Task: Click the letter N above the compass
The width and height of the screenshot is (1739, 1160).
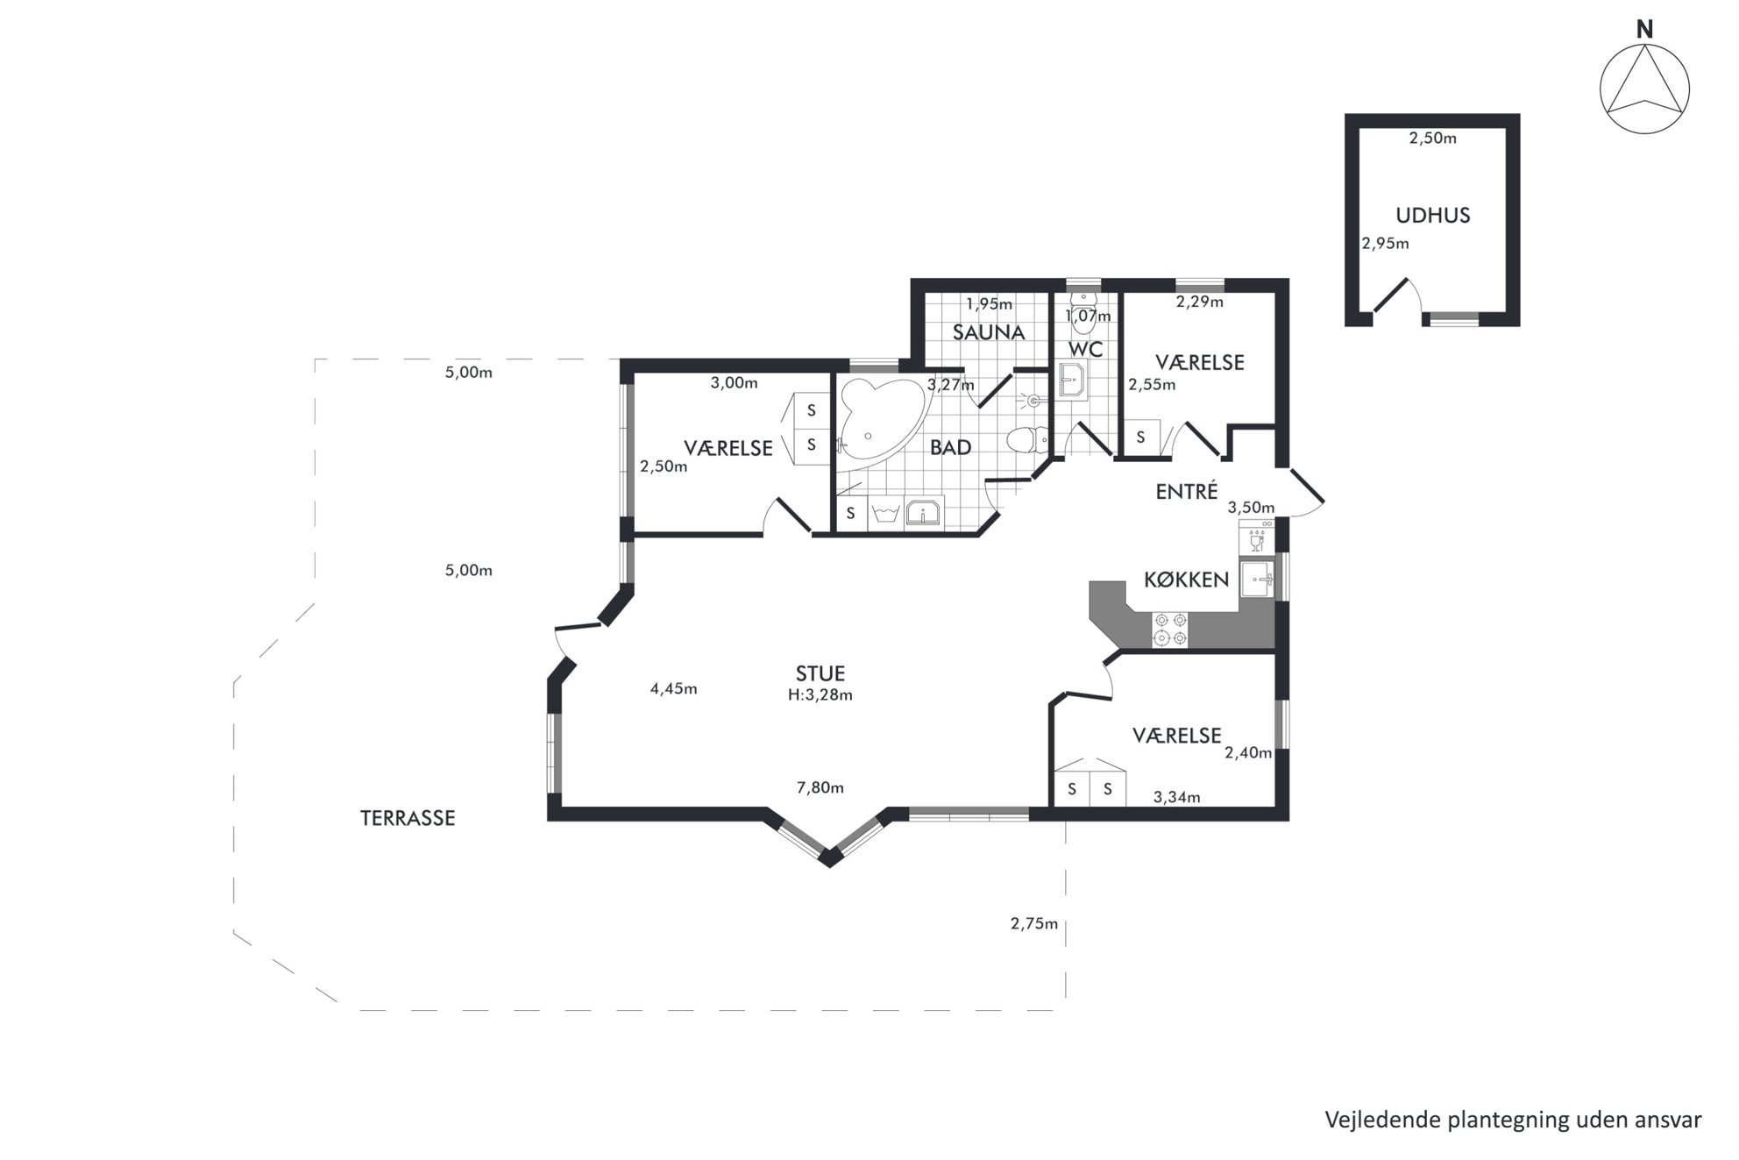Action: coord(1644,30)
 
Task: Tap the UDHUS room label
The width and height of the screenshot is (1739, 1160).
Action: coord(1432,215)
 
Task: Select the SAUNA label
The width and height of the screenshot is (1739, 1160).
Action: coord(989,332)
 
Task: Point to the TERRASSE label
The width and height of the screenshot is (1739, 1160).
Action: coord(408,818)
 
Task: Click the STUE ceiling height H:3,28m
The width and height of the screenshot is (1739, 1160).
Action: coord(820,695)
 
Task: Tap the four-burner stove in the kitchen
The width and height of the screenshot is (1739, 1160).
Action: coord(1170,630)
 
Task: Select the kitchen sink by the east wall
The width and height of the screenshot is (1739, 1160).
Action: coord(1257,580)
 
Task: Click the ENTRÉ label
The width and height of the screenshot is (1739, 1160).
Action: coord(1187,491)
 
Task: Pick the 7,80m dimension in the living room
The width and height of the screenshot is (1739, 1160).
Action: coord(820,787)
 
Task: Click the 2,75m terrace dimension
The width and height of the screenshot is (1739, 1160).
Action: coord(1034,923)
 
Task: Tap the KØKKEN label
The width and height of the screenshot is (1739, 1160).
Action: coord(1187,580)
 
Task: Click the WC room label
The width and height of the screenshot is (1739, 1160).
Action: coord(1085,349)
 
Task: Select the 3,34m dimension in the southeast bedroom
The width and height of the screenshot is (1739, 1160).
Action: coord(1176,797)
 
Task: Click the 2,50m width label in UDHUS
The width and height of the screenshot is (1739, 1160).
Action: coord(1432,138)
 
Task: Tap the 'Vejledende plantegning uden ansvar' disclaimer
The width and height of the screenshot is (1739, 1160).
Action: coord(1513,1120)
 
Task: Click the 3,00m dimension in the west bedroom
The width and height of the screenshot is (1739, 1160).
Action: coord(734,382)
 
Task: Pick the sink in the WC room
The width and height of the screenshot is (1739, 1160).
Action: coord(1072,381)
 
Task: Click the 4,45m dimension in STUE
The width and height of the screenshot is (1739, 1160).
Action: coord(673,688)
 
